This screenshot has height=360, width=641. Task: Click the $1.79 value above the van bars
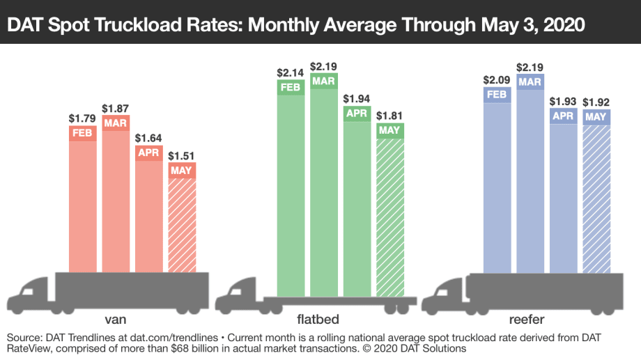tap(82, 118)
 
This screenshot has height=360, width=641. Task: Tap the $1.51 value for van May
tap(181, 155)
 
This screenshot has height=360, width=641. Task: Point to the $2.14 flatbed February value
tap(290, 72)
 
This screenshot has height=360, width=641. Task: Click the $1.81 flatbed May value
tap(389, 116)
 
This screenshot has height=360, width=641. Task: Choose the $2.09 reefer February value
tap(497, 79)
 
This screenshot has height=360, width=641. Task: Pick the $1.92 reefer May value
tap(596, 102)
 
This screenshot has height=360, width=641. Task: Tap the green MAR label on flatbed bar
tap(323, 81)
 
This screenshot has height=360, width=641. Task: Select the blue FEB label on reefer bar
tap(497, 94)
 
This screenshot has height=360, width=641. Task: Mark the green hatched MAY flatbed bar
tap(389, 216)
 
